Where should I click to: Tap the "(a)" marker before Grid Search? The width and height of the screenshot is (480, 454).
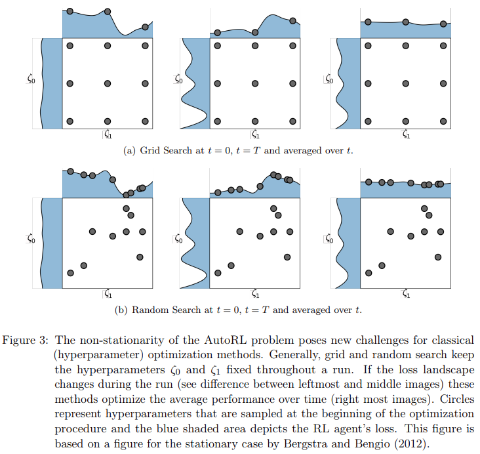[130, 150]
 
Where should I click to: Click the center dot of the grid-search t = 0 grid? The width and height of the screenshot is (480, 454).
[108, 83]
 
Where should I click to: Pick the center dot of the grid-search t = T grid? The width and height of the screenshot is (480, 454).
[255, 83]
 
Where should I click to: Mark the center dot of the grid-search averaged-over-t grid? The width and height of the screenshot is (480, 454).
[406, 83]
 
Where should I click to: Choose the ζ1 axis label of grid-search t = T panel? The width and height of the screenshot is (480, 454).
[256, 135]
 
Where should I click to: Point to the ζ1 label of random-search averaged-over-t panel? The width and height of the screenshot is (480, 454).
[407, 295]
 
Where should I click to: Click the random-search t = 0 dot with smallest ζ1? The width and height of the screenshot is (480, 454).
[71, 273]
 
